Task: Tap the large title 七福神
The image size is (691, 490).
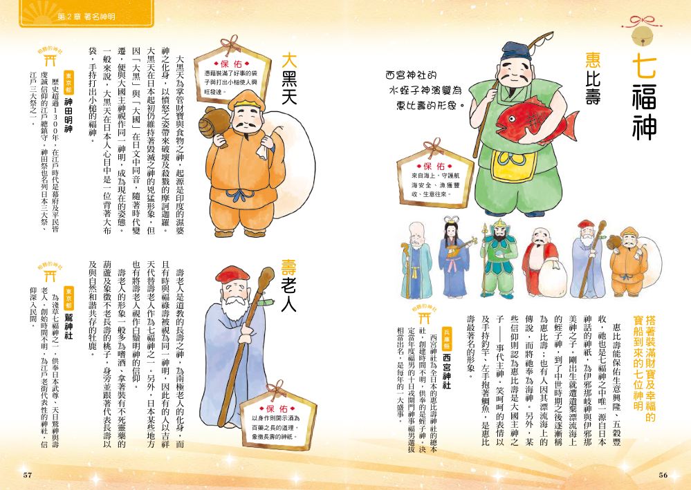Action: point(644,97)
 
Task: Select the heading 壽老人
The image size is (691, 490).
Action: point(290,285)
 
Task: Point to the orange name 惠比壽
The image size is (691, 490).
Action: point(593,78)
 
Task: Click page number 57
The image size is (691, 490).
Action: point(28,475)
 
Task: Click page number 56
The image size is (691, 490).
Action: point(663,475)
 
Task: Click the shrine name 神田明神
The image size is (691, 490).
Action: point(68,115)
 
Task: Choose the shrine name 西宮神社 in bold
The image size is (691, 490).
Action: point(447,370)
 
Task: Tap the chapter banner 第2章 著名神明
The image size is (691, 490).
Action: point(86,17)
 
